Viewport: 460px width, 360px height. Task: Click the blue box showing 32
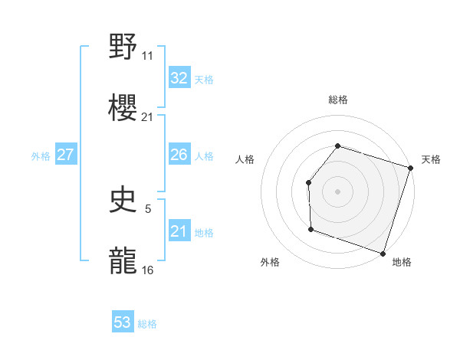[179, 78]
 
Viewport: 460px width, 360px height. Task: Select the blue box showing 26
[179, 155]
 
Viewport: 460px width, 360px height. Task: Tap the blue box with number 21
[179, 231]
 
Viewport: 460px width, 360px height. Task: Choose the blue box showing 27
[65, 155]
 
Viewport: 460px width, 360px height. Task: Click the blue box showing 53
[122, 322]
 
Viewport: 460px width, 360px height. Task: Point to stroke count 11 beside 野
[148, 56]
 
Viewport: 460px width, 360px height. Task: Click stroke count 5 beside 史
[148, 208]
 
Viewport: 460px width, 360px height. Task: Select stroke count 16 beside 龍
[148, 270]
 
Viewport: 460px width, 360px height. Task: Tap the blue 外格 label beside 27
[41, 156]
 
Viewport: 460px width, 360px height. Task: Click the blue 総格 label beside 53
[147, 324]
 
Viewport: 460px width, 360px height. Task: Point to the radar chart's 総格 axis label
[337, 100]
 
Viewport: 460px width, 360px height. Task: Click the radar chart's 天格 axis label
[431, 159]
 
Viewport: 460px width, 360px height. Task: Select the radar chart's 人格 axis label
[245, 159]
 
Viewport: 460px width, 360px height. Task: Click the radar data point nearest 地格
[382, 253]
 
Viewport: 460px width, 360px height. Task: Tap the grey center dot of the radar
[337, 191]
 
